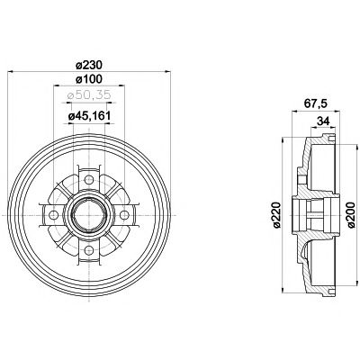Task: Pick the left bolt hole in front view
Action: click(52, 213)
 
